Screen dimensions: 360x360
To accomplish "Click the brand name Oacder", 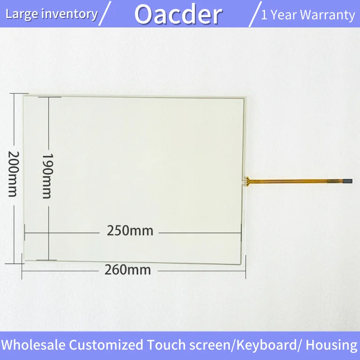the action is point(178,15).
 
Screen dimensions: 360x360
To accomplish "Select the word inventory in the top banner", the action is point(71,14).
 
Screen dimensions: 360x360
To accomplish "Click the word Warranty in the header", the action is point(328,15).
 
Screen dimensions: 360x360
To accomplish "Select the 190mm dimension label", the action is point(48,176).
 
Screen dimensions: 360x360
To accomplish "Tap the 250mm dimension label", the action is point(130,230).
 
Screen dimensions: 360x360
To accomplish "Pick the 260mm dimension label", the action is point(128,270).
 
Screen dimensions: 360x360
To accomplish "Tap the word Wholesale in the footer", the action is point(33,345).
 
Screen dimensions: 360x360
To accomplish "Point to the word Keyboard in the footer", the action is point(267,345).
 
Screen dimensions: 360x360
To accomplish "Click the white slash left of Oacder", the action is point(105,13).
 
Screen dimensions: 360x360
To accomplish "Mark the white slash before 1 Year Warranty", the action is point(255,14).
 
